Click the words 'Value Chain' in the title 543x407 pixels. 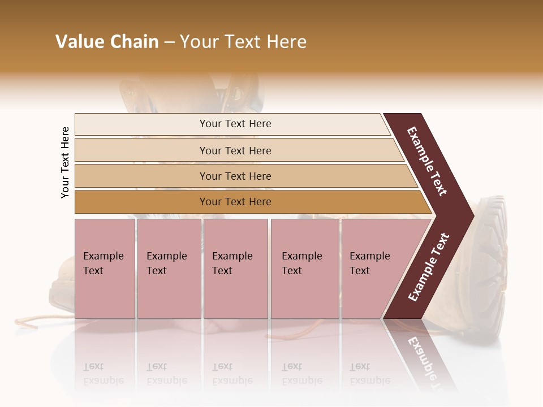coord(107,42)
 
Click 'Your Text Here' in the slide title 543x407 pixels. coord(243,42)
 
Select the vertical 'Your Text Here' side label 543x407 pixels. coord(65,162)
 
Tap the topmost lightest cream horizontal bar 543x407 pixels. coord(235,124)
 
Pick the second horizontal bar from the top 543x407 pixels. coord(235,150)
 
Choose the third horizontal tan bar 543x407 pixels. coord(235,176)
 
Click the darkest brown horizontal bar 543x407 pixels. coord(235,202)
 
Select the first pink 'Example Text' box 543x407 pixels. coord(105,268)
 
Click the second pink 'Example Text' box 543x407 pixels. coord(169,268)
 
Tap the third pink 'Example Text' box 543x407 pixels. coord(235,268)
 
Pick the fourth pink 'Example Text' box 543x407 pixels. coord(304,268)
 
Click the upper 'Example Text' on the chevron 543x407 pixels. coord(427,161)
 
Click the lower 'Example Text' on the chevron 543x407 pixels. coord(429,267)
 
